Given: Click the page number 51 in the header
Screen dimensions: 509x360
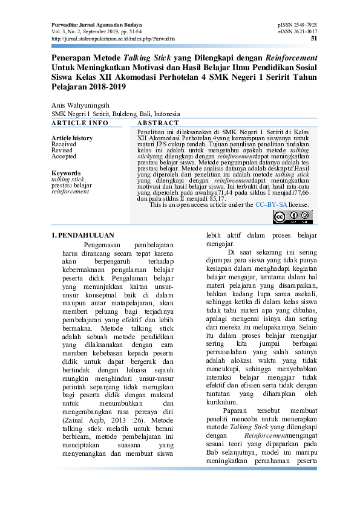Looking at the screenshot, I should tap(313, 38).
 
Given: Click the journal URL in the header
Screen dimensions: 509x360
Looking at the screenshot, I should tap(113, 38).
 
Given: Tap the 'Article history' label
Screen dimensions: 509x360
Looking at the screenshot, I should tap(72, 138).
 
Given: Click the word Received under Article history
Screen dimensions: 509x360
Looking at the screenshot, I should tap(64, 144).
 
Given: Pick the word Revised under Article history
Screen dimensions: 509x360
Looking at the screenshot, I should tap(62, 151).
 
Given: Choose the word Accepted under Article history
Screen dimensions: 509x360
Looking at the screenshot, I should tap(64, 157).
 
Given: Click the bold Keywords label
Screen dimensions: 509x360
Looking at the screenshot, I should tap(66, 173).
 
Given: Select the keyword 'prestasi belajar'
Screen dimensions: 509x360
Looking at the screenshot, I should tap(71, 185).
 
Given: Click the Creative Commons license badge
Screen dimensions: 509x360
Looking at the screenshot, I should tap(292, 216).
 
